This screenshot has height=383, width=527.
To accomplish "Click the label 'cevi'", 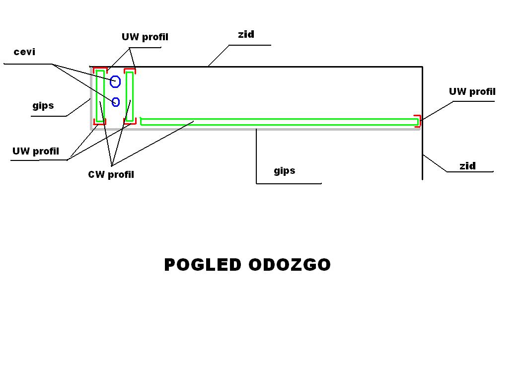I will (24, 52).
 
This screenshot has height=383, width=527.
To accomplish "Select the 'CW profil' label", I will (111, 174).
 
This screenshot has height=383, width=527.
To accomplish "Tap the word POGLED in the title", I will (203, 265).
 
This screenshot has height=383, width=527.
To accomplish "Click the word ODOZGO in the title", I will (290, 265).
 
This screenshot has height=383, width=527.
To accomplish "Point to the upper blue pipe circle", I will (115, 81).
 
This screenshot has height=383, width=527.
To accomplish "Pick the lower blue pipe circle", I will (116, 102).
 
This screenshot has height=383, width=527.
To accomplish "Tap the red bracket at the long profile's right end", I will (418, 121).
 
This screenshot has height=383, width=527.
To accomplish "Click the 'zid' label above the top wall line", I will (246, 34).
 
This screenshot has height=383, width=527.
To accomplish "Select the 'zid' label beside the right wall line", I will (467, 166).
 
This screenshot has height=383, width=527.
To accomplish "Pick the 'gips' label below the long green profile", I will (284, 171).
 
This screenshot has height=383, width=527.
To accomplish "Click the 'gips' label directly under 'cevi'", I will (43, 106).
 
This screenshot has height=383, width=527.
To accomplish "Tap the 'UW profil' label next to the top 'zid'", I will (145, 37).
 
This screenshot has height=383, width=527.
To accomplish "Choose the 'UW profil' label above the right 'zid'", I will (472, 92).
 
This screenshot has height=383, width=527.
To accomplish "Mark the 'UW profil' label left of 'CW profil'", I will (36, 152).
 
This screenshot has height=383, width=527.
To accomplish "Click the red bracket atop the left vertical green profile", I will (100, 69).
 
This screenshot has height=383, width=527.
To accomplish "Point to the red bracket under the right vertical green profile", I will (130, 121).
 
